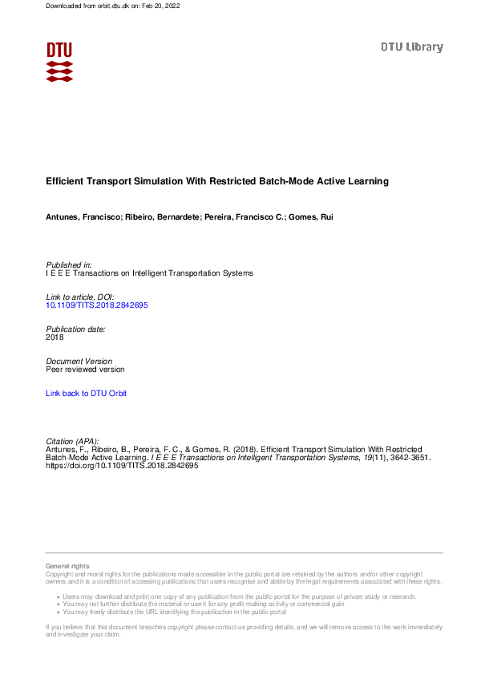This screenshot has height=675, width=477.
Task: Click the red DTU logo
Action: tap(59, 61)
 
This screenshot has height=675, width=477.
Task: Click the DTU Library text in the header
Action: tap(411, 47)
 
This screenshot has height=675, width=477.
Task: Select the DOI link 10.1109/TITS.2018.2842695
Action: tap(97, 305)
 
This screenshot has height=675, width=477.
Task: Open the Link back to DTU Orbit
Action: tap(87, 394)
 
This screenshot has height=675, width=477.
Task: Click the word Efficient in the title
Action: tap(66, 182)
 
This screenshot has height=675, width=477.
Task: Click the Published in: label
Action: tap(69, 265)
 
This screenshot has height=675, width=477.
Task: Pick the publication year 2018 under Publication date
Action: tap(55, 337)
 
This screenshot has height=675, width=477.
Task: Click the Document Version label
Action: tap(79, 362)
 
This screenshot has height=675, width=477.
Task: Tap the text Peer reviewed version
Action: tap(86, 370)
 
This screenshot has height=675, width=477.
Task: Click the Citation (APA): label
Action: tap(73, 442)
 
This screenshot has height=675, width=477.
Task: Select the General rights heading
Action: tap(68, 566)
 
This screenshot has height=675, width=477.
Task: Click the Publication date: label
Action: tap(76, 329)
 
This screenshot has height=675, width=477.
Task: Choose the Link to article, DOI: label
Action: tap(80, 297)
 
